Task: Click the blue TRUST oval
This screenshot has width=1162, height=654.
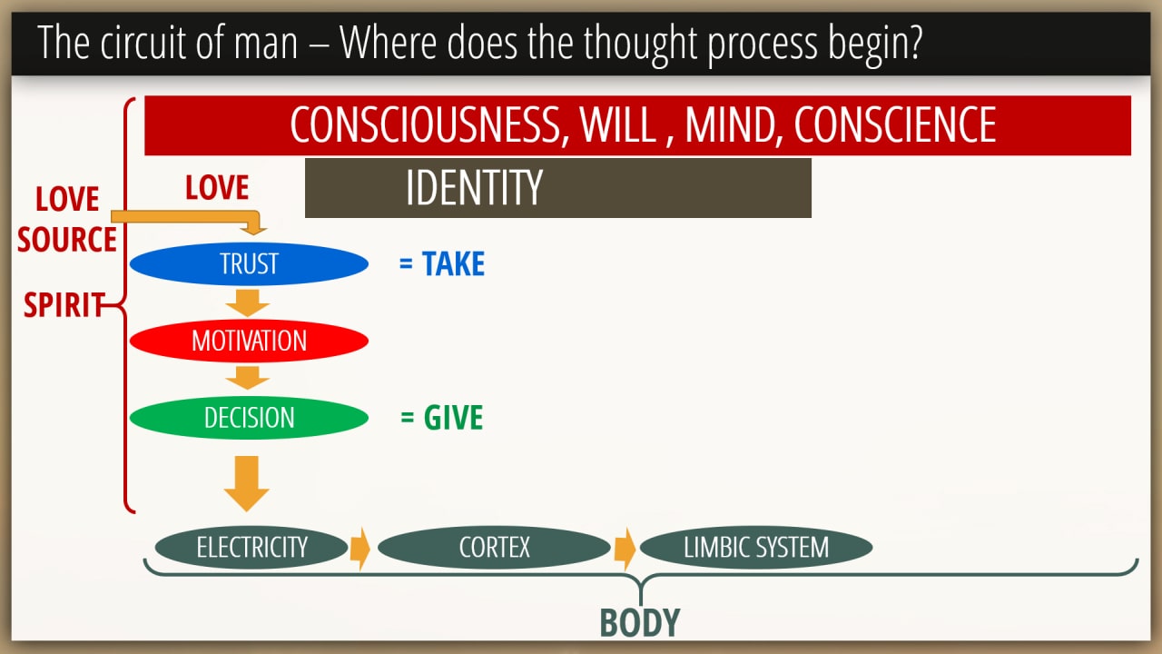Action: click(x=249, y=263)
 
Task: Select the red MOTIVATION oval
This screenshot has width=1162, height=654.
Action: click(x=249, y=341)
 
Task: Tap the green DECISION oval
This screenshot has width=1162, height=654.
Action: click(x=249, y=418)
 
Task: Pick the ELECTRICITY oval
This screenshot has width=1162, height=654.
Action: click(x=251, y=547)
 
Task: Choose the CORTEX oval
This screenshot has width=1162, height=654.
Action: click(x=494, y=547)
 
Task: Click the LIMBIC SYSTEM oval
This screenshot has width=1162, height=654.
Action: click(x=756, y=547)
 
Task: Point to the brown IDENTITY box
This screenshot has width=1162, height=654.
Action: click(x=558, y=188)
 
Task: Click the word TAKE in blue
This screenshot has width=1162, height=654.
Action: click(x=453, y=263)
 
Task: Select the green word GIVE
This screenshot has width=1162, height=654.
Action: click(x=453, y=417)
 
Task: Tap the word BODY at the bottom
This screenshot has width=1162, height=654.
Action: click(x=640, y=622)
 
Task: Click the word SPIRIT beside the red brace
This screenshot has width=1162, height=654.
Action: click(x=64, y=304)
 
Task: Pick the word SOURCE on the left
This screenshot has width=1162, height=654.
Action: click(x=67, y=239)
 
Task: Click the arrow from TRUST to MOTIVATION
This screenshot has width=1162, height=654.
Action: click(x=248, y=303)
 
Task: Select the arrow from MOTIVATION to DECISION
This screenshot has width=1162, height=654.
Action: click(x=248, y=378)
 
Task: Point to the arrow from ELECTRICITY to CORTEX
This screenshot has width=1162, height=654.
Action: click(x=360, y=549)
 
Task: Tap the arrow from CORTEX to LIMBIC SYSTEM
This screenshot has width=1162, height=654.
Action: click(x=625, y=549)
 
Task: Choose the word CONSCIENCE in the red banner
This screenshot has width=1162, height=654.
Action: click(x=895, y=124)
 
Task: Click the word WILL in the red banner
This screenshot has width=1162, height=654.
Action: click(x=618, y=124)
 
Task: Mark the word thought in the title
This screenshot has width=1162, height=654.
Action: click(x=641, y=44)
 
